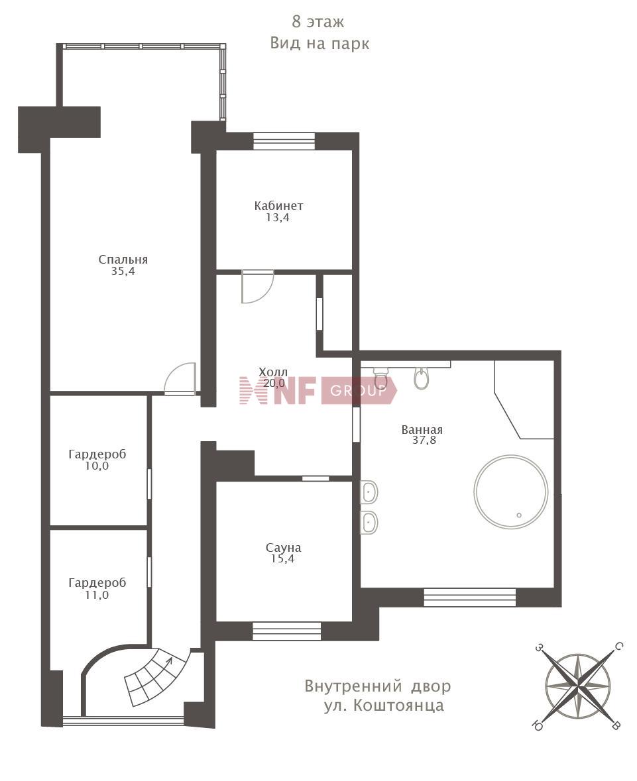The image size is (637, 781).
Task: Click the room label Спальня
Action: point(123,260)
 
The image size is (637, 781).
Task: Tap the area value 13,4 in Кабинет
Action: point(278,218)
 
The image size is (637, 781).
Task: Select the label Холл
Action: point(273,372)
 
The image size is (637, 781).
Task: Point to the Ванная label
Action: point(422,429)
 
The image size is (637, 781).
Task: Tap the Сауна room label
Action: point(283,548)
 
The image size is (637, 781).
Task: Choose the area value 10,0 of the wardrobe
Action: point(97,466)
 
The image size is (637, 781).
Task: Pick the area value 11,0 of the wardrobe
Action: point(97,595)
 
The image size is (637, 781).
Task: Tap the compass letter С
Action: point(618,647)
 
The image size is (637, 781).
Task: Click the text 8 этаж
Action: point(318,22)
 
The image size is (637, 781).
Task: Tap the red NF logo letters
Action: point(278,390)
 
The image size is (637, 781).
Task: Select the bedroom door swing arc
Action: point(180,378)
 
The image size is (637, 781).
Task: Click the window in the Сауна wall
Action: point(286,631)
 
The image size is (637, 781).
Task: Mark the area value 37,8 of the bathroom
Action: point(424,440)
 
